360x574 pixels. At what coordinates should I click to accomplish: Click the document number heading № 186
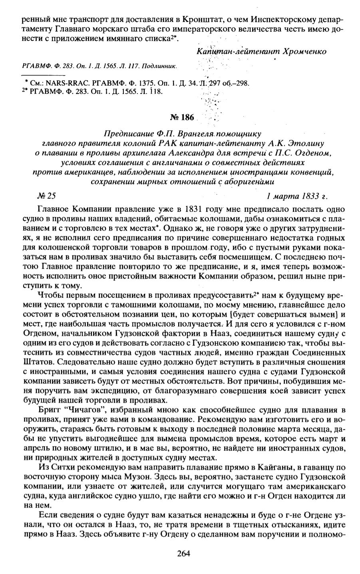point(182,118)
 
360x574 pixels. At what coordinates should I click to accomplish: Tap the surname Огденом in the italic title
point(312,152)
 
